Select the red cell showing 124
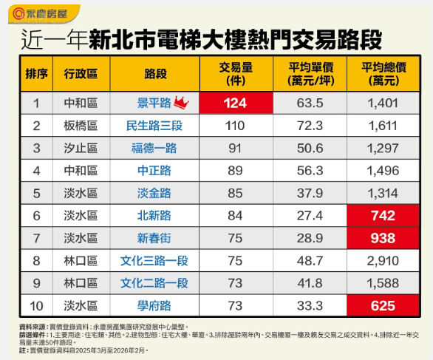pos(236,103)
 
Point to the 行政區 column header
pos(81,74)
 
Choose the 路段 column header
pos(151,74)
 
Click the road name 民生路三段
pos(151,126)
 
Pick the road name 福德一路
pos(151,148)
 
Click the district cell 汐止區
pos(81,148)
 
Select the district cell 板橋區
pos(81,126)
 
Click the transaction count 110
pos(236,126)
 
